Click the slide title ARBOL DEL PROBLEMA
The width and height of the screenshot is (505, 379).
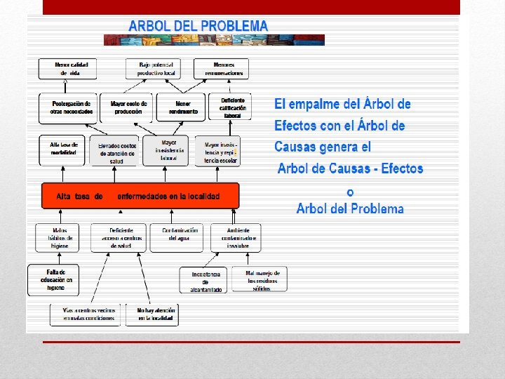point(198,25)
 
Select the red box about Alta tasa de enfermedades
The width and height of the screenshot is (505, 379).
point(140,196)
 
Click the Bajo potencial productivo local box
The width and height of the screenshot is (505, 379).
point(154,69)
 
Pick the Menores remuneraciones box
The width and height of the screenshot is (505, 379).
point(224,69)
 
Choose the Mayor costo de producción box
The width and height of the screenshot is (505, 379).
point(126,107)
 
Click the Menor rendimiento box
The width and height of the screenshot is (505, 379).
point(182,107)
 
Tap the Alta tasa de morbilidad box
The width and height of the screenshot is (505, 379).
point(63,148)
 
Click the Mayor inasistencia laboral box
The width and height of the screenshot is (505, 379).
point(166,149)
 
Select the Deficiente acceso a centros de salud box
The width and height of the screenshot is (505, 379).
point(118,238)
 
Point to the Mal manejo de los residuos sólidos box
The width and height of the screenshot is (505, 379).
point(262,279)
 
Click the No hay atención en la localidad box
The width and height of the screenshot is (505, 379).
point(152,314)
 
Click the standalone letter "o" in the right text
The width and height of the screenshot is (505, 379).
point(350,192)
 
